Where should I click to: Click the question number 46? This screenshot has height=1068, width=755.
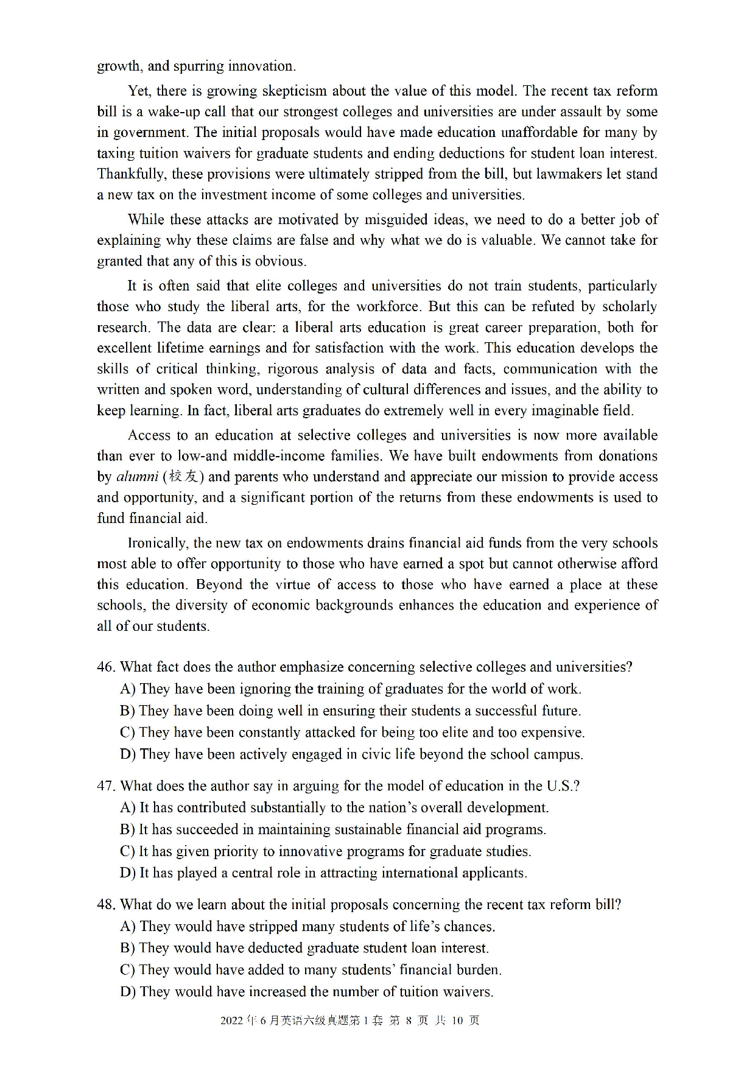[x=105, y=667]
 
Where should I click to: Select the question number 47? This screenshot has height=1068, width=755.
[x=105, y=786]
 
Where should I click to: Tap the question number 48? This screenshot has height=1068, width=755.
[x=105, y=905]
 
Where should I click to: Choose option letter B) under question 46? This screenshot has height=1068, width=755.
[x=127, y=711]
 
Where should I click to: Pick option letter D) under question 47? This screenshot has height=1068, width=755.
[x=128, y=873]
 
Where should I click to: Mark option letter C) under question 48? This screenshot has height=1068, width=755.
[x=127, y=970]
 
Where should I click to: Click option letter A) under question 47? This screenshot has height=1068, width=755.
[x=128, y=808]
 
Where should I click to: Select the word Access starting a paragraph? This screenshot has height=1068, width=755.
[x=149, y=435]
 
